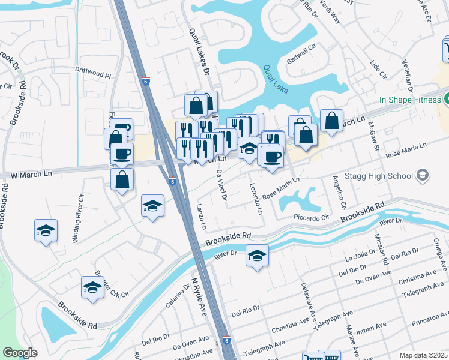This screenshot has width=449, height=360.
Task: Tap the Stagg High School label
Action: tap(388, 175)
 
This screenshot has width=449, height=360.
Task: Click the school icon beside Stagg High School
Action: tap(423, 175)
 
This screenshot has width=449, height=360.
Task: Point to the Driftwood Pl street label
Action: tap(93, 76)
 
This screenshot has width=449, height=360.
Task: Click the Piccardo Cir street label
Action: tap(312, 218)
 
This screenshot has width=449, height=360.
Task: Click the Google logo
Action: tap(20, 352)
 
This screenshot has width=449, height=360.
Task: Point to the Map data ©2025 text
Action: tap(423, 355)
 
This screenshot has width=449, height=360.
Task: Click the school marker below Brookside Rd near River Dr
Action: tap(257, 256)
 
